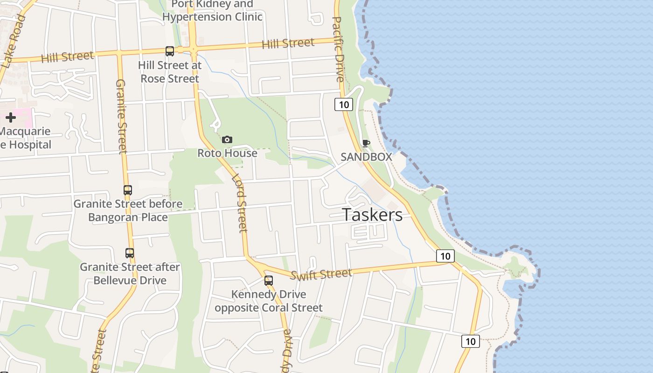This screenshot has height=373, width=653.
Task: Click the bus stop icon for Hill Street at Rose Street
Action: click(170, 51)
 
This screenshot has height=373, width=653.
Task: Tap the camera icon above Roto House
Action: click(227, 139)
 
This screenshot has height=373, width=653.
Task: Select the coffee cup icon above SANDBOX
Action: click(366, 143)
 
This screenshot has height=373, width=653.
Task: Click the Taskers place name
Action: click(372, 214)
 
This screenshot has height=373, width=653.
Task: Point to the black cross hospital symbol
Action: click(11, 117)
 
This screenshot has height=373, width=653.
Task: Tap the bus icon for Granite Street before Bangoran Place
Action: click(128, 190)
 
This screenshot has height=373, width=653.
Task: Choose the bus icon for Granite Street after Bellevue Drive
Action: click(130, 253)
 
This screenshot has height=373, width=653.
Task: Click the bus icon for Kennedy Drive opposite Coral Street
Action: click(269, 281)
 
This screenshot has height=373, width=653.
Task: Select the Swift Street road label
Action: click(321, 274)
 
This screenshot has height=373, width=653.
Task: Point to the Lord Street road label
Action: click(239, 203)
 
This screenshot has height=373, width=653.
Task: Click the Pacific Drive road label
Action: click(338, 49)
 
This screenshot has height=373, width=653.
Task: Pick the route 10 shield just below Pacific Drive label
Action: click(344, 104)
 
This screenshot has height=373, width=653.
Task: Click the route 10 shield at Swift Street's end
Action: click(445, 256)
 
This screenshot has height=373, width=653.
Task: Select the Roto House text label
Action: click(227, 153)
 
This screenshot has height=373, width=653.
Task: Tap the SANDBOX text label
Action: click(366, 157)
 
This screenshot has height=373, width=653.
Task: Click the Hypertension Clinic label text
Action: click(212, 17)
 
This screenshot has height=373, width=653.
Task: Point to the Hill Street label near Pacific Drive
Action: click(288, 44)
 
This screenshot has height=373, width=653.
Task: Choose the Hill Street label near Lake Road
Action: click(67, 57)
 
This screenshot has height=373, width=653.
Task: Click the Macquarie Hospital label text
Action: click(25, 138)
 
